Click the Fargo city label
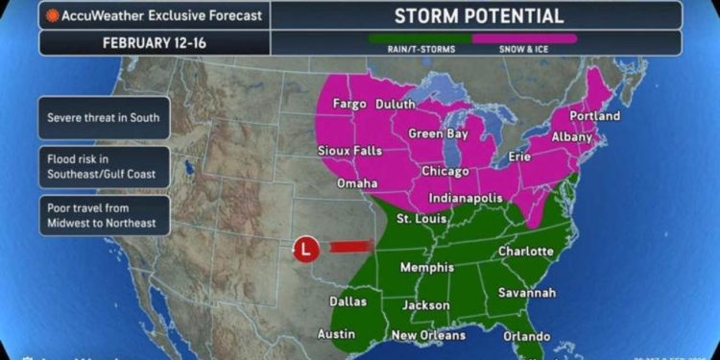pos(351,104)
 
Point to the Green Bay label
pos(439,133)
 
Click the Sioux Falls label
pos(349,151)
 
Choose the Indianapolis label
pos(460,198)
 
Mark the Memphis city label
pos(426,267)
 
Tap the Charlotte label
pos(526,252)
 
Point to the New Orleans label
pos(429,335)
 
